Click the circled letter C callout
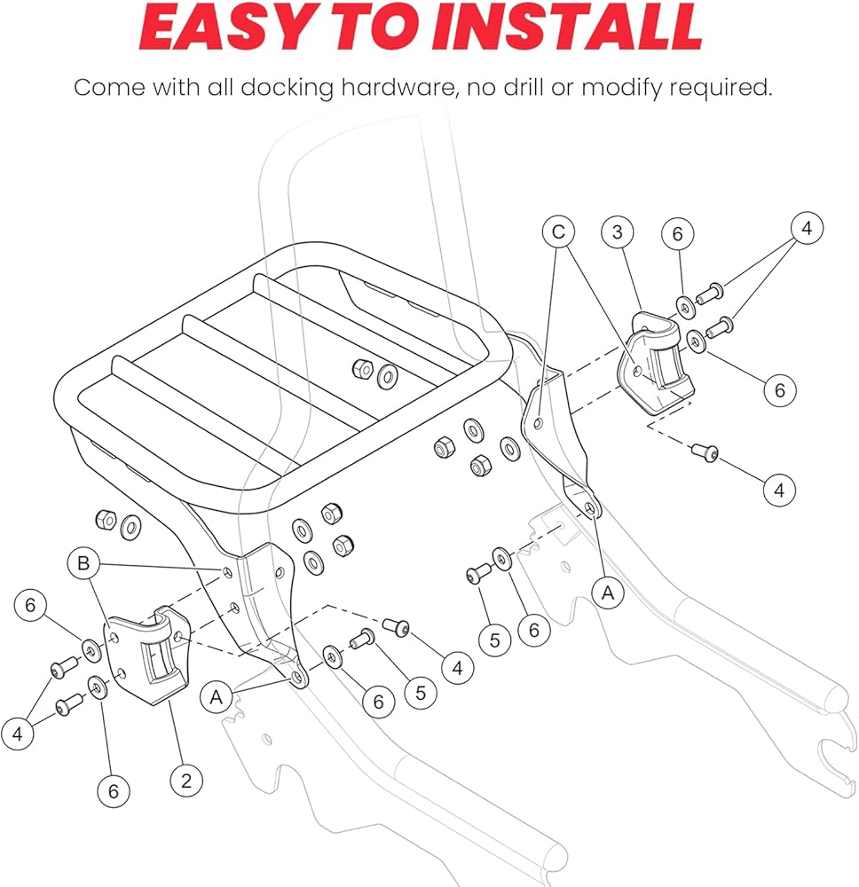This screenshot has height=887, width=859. [x=558, y=232]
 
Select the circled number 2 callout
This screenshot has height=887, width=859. [x=185, y=781]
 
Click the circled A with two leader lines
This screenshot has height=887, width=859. [x=216, y=698]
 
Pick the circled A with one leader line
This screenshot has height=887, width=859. [x=608, y=592]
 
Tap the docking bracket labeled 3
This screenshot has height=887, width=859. [x=657, y=364]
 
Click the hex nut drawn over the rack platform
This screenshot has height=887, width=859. [x=361, y=368]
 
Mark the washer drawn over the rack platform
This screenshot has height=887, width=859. [x=387, y=375]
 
